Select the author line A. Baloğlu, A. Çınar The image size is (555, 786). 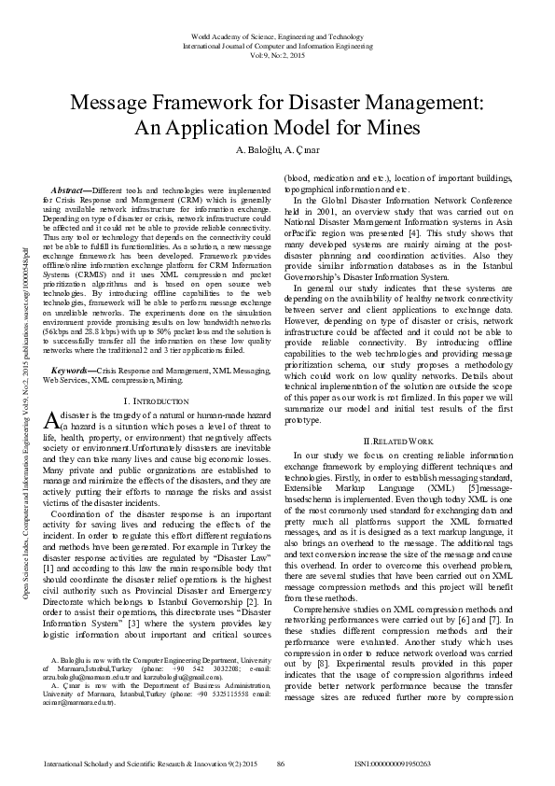tap(277, 149)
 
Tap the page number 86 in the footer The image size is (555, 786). tap(279, 765)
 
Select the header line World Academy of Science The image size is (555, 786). tap(277, 35)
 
